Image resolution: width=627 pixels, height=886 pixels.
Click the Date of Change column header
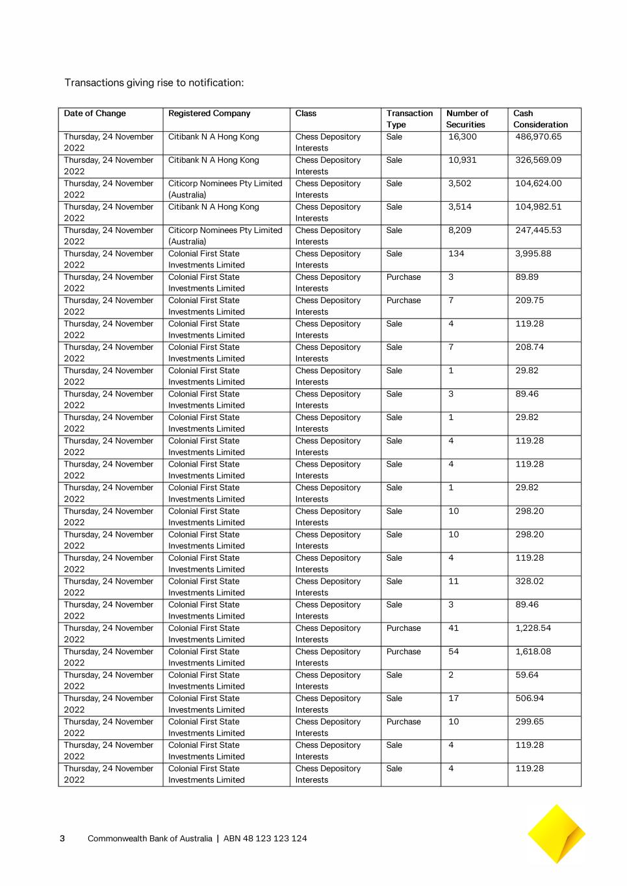[x=95, y=114]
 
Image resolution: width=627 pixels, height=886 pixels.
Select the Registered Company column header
[x=209, y=114]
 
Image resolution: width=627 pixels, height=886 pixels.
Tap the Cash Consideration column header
[x=540, y=119]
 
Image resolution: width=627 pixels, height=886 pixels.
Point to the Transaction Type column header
[x=409, y=119]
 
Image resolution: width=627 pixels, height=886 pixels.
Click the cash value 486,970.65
[x=538, y=137]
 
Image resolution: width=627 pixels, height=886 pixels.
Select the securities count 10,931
[x=462, y=160]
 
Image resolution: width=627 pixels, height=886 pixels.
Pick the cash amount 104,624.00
[x=538, y=184]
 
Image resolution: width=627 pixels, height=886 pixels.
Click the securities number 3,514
[x=459, y=207]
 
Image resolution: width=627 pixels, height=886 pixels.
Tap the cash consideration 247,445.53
[x=538, y=230]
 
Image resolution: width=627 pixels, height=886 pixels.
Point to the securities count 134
[x=456, y=254]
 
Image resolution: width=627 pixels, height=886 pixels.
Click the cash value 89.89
[x=527, y=277]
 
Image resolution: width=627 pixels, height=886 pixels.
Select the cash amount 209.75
[x=530, y=301]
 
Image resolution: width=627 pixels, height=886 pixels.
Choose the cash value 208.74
[x=530, y=347]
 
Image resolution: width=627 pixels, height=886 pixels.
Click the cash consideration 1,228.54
[x=533, y=628]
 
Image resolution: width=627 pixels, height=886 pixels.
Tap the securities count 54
[x=454, y=652]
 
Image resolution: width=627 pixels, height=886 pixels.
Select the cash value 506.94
[x=530, y=698]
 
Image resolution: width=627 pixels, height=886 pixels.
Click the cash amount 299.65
[x=530, y=722]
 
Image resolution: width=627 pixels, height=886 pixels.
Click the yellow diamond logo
[x=556, y=834]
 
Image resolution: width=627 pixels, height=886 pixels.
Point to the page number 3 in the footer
[x=62, y=839]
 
